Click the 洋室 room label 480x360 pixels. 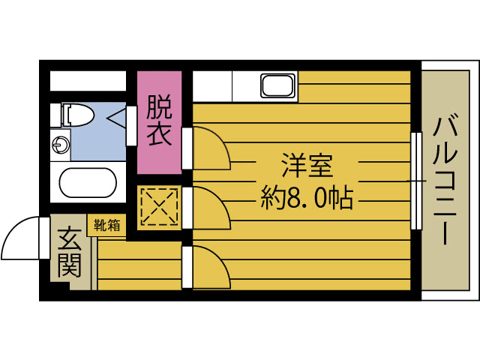coord(307,163)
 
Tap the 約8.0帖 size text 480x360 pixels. coord(307,198)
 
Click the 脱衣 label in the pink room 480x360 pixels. coord(159,121)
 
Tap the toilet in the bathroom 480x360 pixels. coord(76,115)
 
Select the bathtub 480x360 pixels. coord(88,183)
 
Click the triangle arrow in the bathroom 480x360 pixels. coord(118,118)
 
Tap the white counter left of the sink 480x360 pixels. coord(212,85)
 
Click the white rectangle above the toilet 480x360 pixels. coord(88,80)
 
